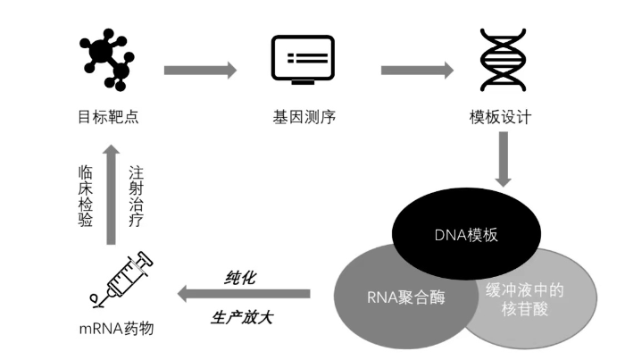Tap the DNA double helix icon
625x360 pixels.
coord(502,62)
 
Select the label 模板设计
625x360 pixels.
coord(500,117)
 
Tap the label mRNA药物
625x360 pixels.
coord(115,328)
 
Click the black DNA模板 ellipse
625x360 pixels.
coord(465,235)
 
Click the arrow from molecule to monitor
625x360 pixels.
coord(201,71)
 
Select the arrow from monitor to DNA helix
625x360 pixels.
coord(417,71)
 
